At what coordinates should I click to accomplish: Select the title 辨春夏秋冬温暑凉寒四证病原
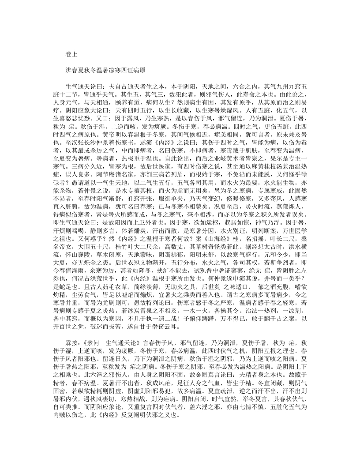coord(102,70)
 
